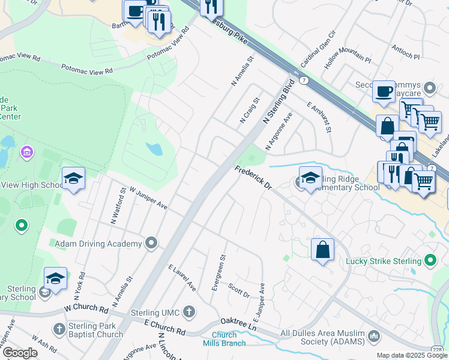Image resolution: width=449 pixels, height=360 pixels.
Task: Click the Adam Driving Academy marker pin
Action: point(151,244)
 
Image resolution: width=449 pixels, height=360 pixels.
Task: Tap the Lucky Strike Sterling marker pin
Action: point(430,260)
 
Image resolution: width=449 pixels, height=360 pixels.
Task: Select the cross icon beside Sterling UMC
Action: point(189,311)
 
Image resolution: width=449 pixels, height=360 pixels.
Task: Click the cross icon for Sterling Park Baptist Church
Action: point(59,329)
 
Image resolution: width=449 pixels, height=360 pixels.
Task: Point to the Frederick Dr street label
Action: point(253,178)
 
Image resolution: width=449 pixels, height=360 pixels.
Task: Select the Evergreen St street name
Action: point(218,273)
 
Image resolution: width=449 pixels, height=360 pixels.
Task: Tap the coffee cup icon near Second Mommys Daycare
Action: point(384,92)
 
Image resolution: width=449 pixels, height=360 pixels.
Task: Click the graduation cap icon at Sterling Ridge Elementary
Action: point(310,178)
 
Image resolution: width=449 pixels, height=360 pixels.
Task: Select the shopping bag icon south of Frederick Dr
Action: point(323,250)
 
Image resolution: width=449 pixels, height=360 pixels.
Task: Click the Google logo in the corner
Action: point(20,353)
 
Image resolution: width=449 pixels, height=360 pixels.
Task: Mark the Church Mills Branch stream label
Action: point(228,339)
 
